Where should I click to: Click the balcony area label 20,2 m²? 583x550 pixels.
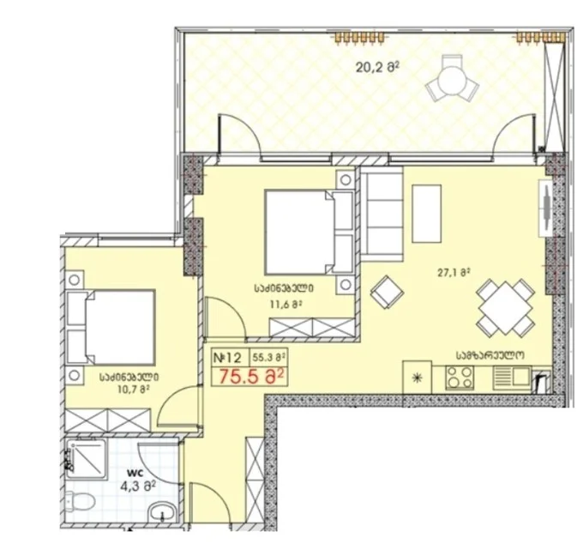tap(377, 67)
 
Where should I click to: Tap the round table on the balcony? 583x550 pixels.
tap(451, 82)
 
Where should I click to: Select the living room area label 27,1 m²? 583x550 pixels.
tap(454, 272)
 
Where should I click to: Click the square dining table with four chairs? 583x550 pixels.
tap(506, 305)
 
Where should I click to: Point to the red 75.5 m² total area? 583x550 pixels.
tap(252, 376)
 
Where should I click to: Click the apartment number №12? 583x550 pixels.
tap(227, 358)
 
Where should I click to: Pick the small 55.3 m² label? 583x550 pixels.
tap(269, 358)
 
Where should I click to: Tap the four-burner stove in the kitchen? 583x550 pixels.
tap(460, 378)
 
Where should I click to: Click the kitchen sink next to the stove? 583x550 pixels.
tap(512, 378)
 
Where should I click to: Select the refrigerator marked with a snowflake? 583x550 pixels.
tap(418, 378)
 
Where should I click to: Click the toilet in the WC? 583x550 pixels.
tap(79, 499)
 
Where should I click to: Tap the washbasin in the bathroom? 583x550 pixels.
tap(163, 515)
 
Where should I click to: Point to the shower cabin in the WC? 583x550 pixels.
tap(87, 458)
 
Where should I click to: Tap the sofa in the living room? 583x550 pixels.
tap(382, 214)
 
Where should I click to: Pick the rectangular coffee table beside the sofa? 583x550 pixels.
tap(427, 214)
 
